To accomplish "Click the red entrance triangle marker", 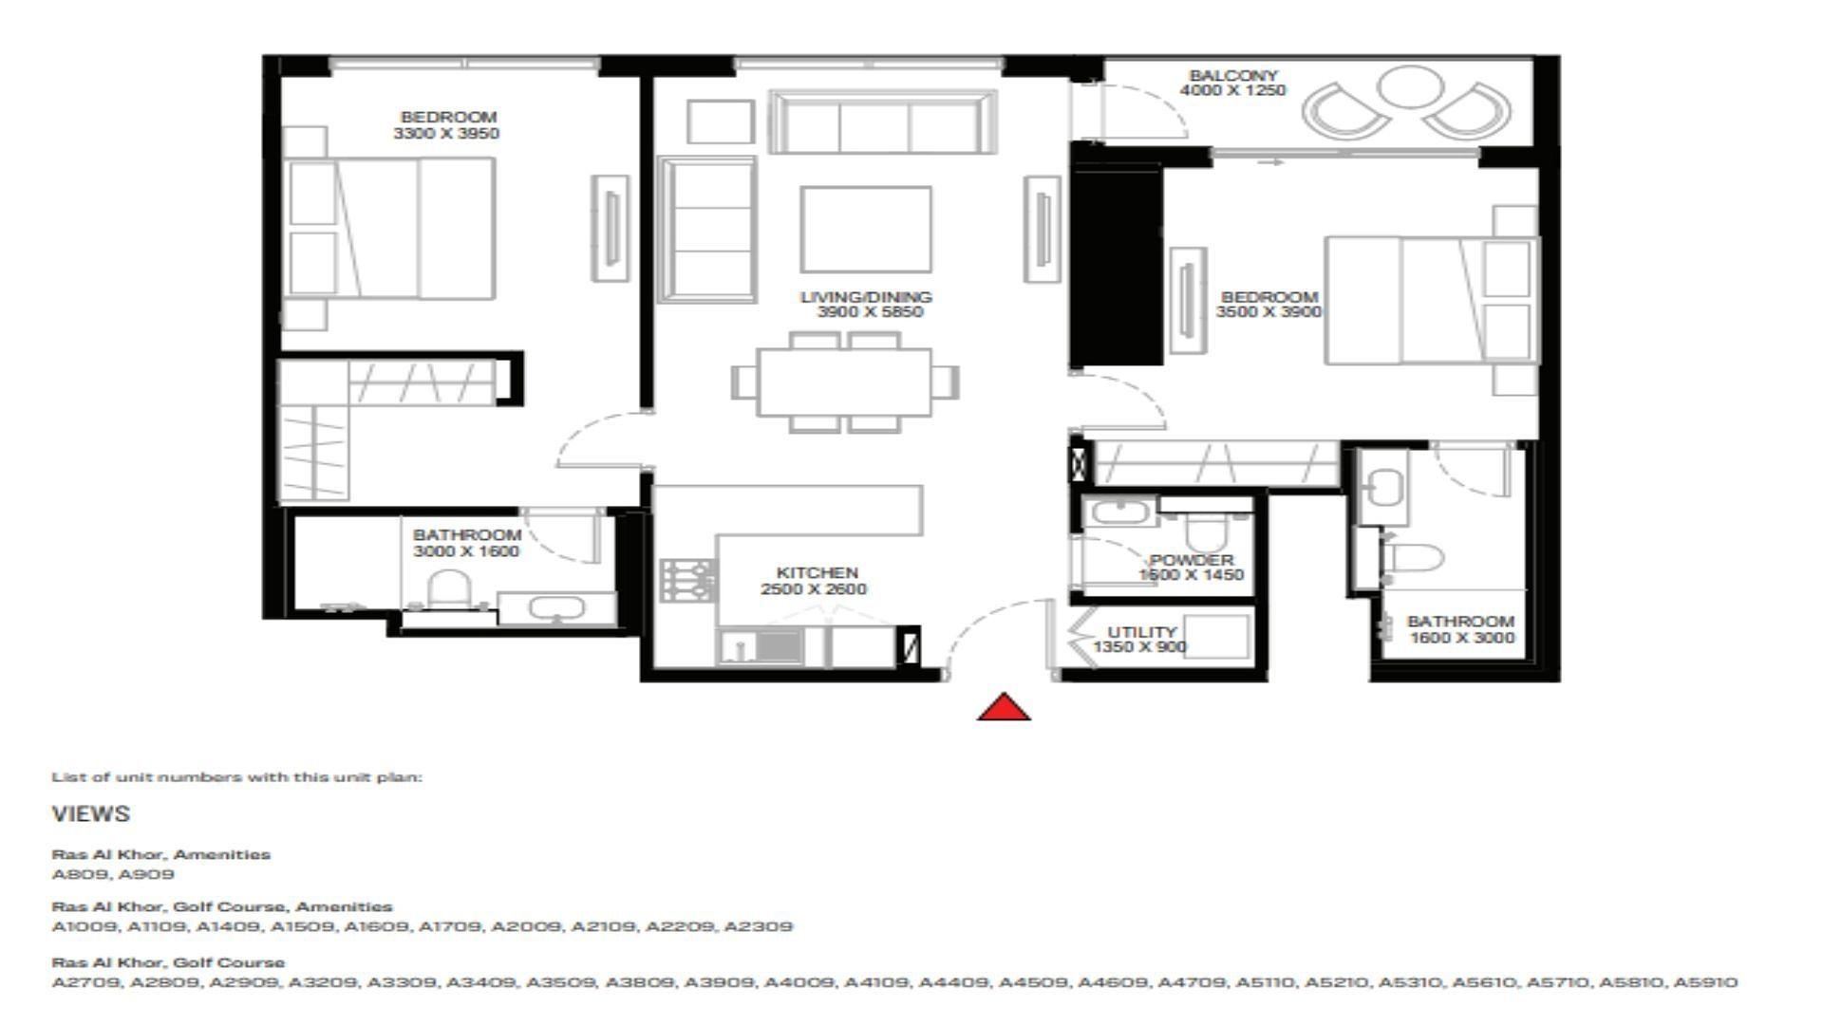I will pyautogui.click(x=1004, y=708).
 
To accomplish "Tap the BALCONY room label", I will pyautogui.click(x=1232, y=75).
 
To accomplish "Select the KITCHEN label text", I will pyautogui.click(x=817, y=572).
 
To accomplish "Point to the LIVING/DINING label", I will pyautogui.click(x=866, y=296).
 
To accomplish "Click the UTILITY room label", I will pyautogui.click(x=1142, y=631).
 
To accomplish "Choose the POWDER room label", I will pyautogui.click(x=1192, y=560).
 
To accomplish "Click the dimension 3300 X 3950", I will pyautogui.click(x=446, y=134).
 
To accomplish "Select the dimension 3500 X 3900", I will pyautogui.click(x=1269, y=312).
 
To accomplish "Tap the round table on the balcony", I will pyautogui.click(x=1410, y=86).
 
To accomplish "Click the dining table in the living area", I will pyautogui.click(x=844, y=382).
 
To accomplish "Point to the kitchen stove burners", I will pyautogui.click(x=688, y=580).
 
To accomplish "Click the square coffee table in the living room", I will pyautogui.click(x=865, y=230).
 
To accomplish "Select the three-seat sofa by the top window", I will pyautogui.click(x=882, y=125).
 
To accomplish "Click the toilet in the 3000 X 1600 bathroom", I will pyautogui.click(x=449, y=589).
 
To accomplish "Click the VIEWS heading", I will pyautogui.click(x=91, y=814).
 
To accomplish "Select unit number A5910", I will pyautogui.click(x=1705, y=982).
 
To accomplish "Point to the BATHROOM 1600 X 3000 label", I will pyautogui.click(x=1460, y=621).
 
